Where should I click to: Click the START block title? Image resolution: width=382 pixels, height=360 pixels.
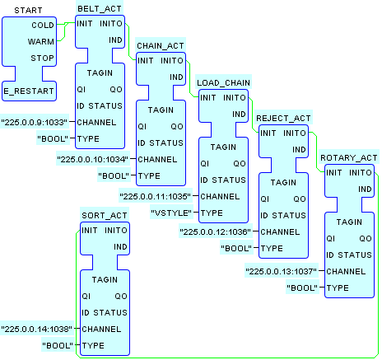[28, 11]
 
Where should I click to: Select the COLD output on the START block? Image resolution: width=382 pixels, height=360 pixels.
[43, 26]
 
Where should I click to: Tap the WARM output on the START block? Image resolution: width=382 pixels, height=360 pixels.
[41, 42]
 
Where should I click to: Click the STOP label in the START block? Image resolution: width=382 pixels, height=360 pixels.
[42, 58]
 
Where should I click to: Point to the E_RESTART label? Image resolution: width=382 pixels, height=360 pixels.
[29, 91]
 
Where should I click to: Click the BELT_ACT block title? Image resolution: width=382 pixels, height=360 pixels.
[100, 9]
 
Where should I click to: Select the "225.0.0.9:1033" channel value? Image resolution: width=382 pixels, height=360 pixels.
[35, 122]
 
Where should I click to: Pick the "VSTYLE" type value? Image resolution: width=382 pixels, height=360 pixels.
[171, 213]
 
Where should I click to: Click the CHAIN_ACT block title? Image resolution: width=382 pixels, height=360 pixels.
[161, 45]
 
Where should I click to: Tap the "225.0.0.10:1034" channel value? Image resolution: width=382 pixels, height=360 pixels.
[93, 159]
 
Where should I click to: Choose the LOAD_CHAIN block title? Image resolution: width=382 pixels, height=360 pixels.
[223, 82]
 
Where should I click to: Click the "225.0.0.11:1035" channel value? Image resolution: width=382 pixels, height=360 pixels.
[156, 196]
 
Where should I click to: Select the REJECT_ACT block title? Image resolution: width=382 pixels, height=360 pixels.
[283, 118]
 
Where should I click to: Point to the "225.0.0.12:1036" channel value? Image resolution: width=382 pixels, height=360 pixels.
[216, 231]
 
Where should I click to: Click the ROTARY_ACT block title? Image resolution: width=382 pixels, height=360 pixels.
[349, 157]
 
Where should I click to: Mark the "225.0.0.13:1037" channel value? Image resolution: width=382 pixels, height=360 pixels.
[282, 271]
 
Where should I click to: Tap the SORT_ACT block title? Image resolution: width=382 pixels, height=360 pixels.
[105, 215]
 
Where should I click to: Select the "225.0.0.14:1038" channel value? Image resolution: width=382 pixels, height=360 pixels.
[37, 329]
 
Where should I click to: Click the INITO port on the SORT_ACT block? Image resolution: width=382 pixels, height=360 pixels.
[116, 230]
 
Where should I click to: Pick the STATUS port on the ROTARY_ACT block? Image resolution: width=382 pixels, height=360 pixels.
[355, 255]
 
